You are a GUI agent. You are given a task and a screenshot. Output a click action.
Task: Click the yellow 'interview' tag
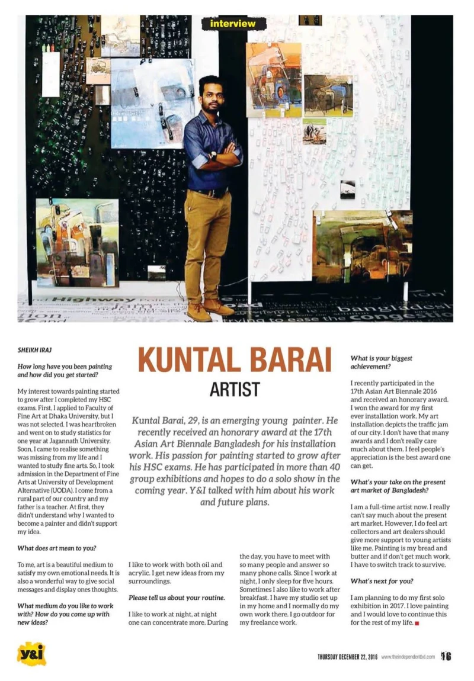point(233,24)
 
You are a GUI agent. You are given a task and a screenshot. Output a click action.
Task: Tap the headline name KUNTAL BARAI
point(234,360)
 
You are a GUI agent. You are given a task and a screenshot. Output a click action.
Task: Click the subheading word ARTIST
point(234,389)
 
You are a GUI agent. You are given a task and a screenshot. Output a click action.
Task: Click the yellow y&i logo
point(31,654)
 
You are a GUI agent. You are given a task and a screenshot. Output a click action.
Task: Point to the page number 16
point(446,656)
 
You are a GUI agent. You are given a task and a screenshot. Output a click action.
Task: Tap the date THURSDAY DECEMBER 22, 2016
point(347,657)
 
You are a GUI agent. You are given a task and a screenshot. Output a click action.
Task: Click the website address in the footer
point(408,657)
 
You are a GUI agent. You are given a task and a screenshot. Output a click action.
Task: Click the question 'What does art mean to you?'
point(57,548)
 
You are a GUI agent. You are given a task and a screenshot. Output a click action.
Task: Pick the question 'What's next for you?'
point(382,581)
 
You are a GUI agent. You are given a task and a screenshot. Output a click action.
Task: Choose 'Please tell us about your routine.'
point(177,598)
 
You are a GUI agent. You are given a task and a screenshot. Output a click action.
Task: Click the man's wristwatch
point(213,156)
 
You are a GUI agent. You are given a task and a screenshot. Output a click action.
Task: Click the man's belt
point(209,192)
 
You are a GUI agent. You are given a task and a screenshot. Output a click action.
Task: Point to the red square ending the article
point(417,624)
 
